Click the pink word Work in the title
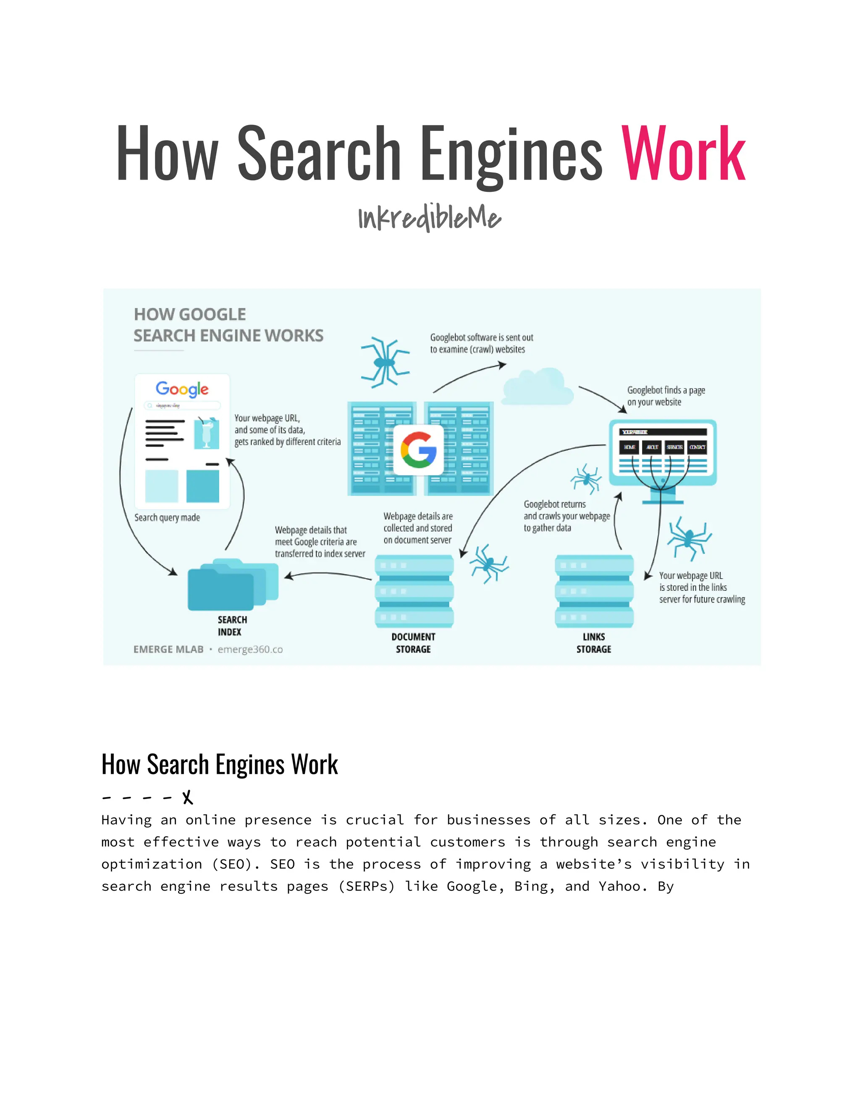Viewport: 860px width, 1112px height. coord(683,154)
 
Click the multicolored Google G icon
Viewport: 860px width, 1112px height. coord(418,450)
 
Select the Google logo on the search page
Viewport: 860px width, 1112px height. coord(182,389)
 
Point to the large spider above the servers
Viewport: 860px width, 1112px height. coord(385,362)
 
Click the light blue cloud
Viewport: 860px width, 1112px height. coord(537,387)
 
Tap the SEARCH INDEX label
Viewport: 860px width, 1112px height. coord(232,626)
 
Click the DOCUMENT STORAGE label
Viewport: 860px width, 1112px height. coord(413,643)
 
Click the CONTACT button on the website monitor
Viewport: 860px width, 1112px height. coord(697,447)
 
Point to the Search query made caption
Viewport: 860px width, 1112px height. coord(167,517)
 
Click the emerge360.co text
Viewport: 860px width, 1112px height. coord(250,649)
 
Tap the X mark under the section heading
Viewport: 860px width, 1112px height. coord(187,797)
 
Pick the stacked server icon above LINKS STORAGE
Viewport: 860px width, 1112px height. coord(594,591)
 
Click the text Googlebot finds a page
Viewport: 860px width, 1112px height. coord(666,390)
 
